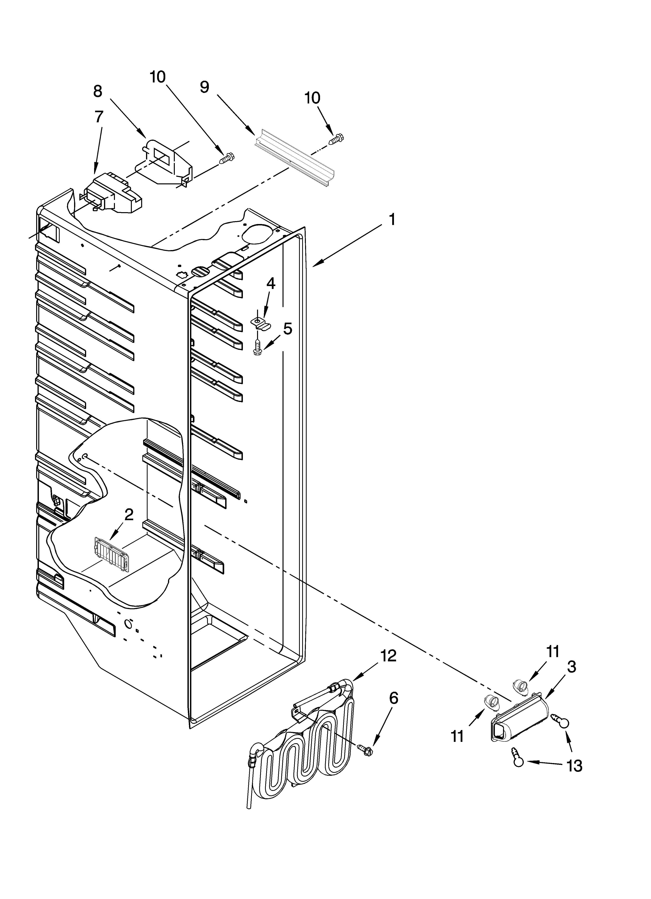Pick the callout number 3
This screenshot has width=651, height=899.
point(571,667)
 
